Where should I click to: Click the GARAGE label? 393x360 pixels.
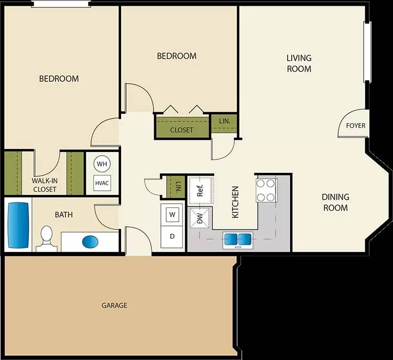pos(114,306)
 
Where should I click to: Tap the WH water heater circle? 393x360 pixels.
pos(102,164)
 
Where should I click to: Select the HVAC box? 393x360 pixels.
pos(102,183)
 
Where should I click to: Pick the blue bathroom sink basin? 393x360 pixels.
pos(91,242)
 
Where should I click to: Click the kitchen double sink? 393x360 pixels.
pos(238,239)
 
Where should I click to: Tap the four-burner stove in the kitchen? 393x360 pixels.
pos(266,190)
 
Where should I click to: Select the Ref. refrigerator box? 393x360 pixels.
pos(200,189)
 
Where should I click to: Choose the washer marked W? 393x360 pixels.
pos(172,214)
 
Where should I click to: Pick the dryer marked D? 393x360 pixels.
pos(172,236)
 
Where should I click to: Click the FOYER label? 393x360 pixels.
pos(355,126)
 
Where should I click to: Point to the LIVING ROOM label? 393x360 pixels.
pos(299,63)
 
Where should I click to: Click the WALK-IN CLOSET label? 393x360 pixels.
pos(45,185)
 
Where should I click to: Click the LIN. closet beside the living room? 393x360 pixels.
pos(224,122)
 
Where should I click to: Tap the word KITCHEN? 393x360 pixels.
pos(235,202)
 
